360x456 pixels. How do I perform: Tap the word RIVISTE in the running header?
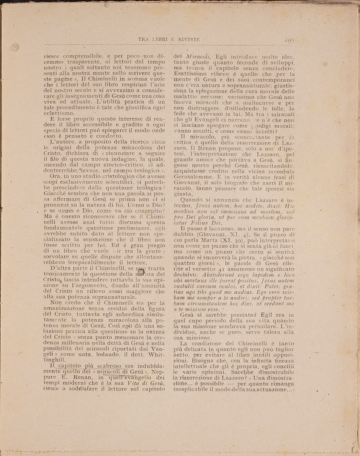pyautogui.click(x=186, y=39)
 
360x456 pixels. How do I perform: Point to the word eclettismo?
pyautogui.click(x=62, y=113)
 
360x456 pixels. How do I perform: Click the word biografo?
pyautogui.click(x=238, y=183)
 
